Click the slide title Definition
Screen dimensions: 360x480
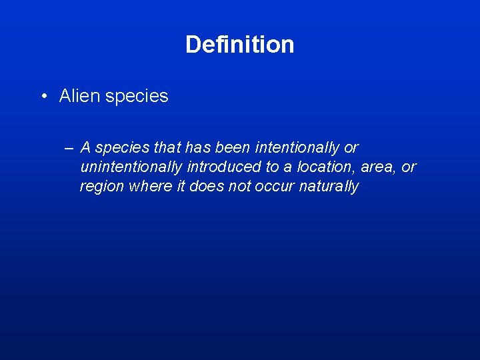(x=239, y=45)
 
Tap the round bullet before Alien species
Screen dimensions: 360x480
(x=43, y=97)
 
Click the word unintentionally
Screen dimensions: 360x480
(x=131, y=167)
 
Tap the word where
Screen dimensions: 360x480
(x=149, y=186)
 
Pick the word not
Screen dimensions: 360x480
(x=239, y=186)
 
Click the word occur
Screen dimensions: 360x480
(x=274, y=187)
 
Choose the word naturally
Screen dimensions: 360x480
(x=329, y=187)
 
